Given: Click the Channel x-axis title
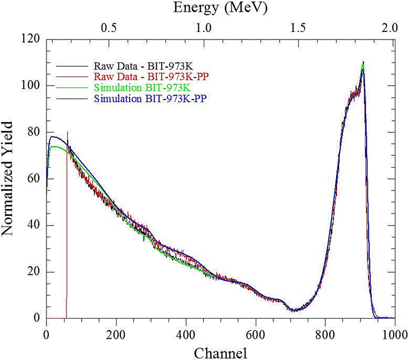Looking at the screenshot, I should [x=220, y=352].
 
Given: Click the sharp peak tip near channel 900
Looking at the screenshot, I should [x=362, y=63].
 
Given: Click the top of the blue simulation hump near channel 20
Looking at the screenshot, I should [x=54, y=136].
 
